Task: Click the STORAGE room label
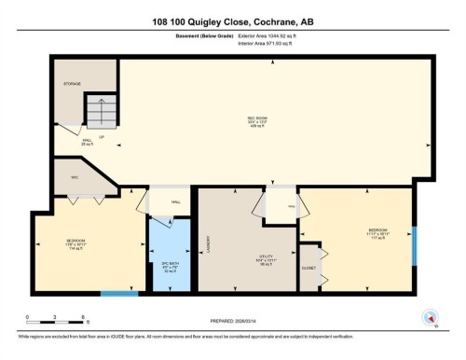click(x=73, y=84)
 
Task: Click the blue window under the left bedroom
click(x=119, y=295)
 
